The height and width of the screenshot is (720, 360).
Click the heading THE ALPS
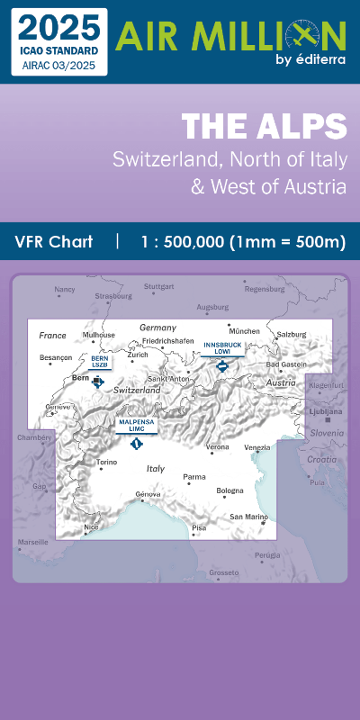[x=264, y=127]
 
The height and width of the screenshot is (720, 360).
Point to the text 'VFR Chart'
[x=54, y=242]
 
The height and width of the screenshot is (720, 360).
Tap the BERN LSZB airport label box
[x=99, y=362]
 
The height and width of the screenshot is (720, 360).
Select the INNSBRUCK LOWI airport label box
[x=223, y=348]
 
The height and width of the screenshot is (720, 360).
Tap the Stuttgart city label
[x=158, y=287]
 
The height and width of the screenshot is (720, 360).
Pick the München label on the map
[x=245, y=331]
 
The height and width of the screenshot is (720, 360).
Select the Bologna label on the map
[x=229, y=490]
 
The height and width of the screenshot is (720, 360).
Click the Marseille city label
[x=32, y=543]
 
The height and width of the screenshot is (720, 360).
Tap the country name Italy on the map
[x=156, y=469]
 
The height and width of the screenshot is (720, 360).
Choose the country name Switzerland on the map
[x=137, y=390]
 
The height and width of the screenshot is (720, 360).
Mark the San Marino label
[x=248, y=517]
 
